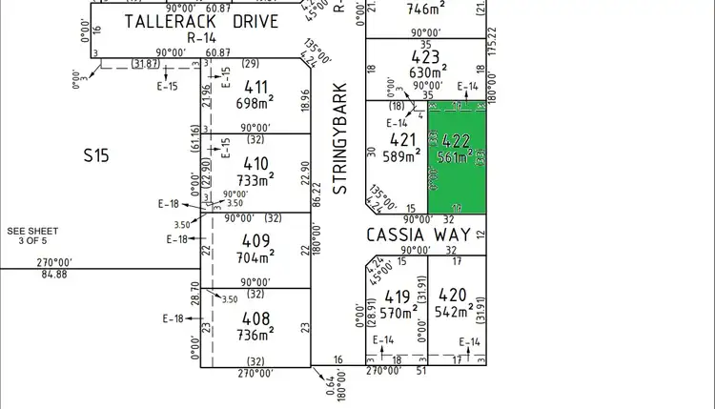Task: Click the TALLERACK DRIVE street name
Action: pyautogui.click(x=202, y=21)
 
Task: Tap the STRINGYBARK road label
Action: pyautogui.click(x=339, y=139)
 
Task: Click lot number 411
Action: pyautogui.click(x=256, y=88)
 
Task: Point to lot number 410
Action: pyautogui.click(x=256, y=163)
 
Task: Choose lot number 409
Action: pyautogui.click(x=256, y=240)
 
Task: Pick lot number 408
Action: pyautogui.click(x=256, y=317)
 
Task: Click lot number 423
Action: pyautogui.click(x=425, y=55)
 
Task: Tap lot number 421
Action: pyautogui.click(x=404, y=140)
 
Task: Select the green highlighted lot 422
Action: pyautogui.click(x=457, y=157)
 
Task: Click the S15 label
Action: pyautogui.click(x=95, y=153)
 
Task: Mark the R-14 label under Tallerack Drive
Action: pyautogui.click(x=201, y=38)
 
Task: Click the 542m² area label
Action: pyautogui.click(x=455, y=311)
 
